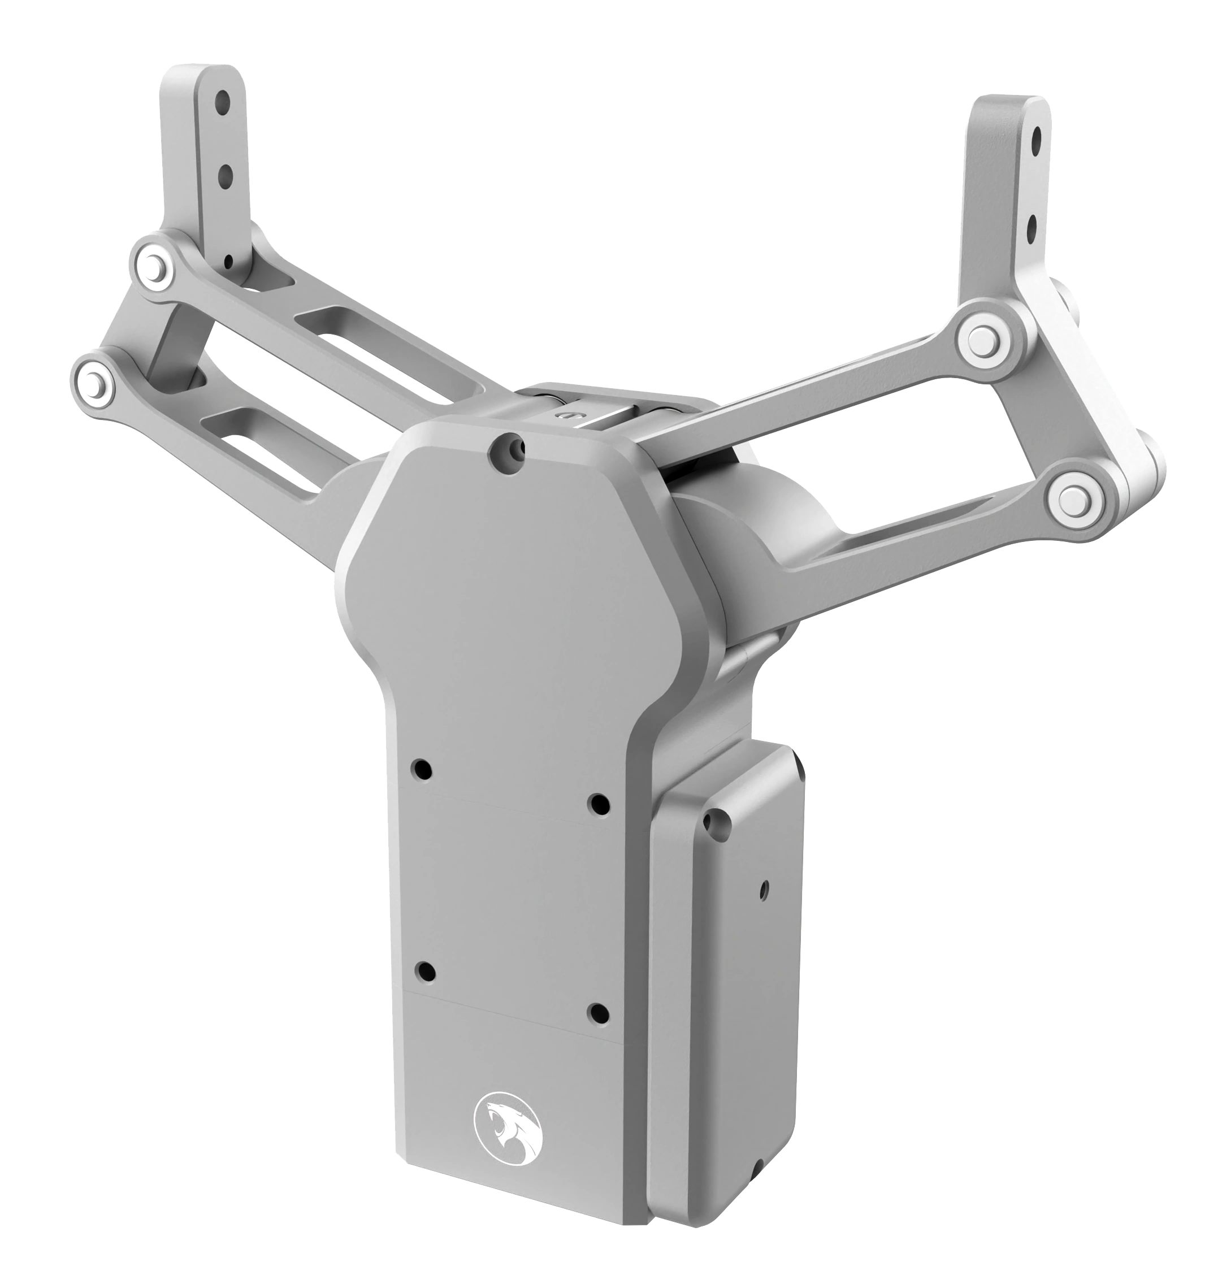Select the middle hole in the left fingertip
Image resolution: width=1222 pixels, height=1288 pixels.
coord(226,174)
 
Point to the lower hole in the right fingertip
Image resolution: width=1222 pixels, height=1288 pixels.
coord(1030,227)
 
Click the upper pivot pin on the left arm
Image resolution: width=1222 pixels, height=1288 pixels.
coord(155,265)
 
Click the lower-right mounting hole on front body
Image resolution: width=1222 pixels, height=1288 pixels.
coord(597,1013)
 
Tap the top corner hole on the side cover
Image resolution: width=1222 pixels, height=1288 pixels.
coord(717,822)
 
